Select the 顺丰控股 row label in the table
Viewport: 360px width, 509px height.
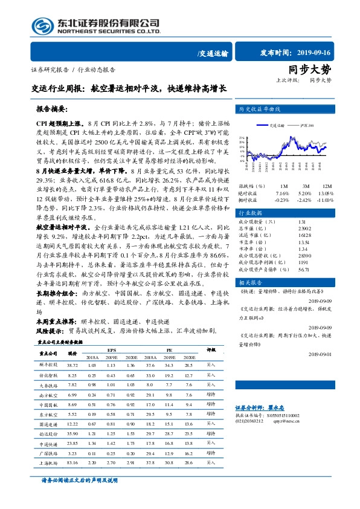tap(49, 366)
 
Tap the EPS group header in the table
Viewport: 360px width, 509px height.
tap(112, 350)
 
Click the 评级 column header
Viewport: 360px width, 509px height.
tap(211, 350)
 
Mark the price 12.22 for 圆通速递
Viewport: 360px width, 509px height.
tap(73, 424)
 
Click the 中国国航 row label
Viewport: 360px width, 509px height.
tap(49, 404)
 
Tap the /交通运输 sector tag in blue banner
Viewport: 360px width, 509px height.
tap(213, 54)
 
